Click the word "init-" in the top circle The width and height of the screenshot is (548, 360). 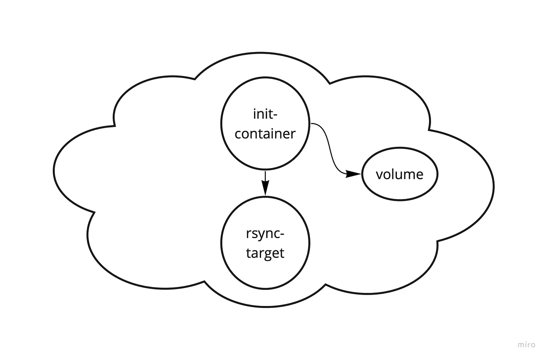click(265, 114)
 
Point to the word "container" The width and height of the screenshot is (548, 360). click(265, 134)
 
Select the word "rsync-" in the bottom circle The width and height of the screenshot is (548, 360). click(265, 233)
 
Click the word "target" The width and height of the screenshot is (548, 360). click(265, 253)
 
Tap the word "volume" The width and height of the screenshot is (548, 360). click(400, 174)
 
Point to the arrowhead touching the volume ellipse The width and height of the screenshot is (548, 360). click(353, 174)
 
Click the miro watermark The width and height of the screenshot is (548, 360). click(526, 345)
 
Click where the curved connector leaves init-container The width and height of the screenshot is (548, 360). click(312, 124)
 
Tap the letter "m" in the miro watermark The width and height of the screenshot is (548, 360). click(521, 345)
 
